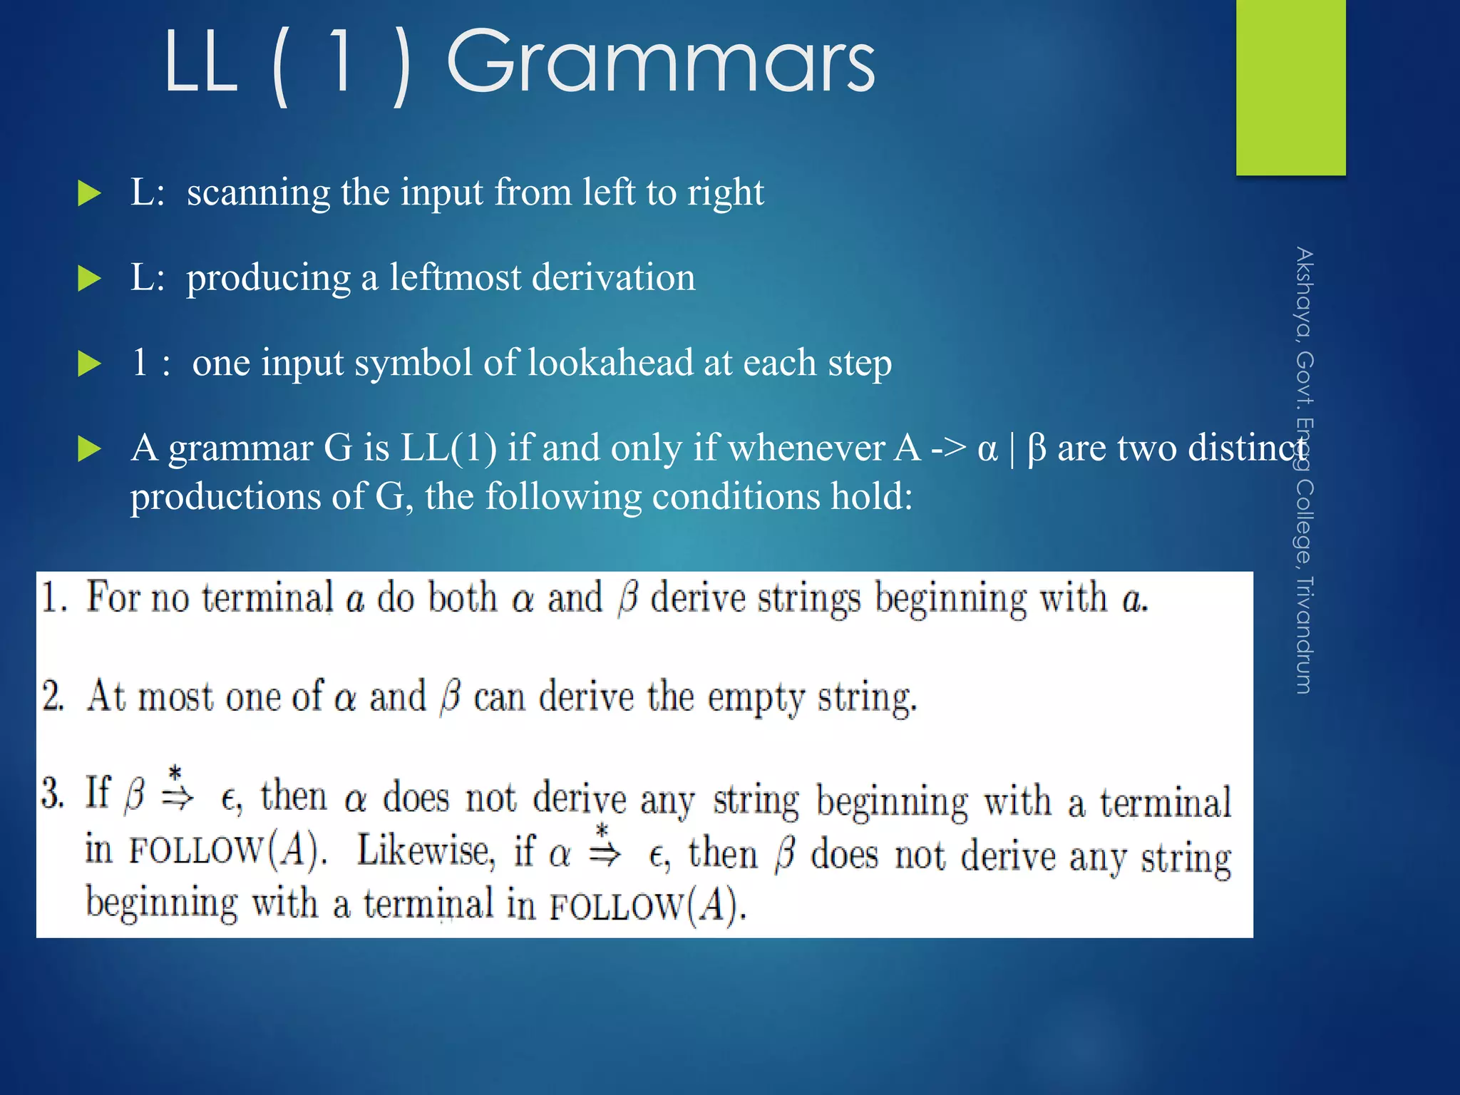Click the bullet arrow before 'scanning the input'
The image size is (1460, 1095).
click(89, 193)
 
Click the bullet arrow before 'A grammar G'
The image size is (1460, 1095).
click(89, 449)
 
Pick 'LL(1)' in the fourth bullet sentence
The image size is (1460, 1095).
click(448, 448)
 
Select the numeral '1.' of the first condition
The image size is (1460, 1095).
click(54, 597)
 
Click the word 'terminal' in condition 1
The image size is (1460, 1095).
click(267, 597)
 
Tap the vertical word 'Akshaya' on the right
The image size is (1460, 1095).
click(1304, 293)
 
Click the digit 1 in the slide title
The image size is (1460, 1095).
click(341, 62)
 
